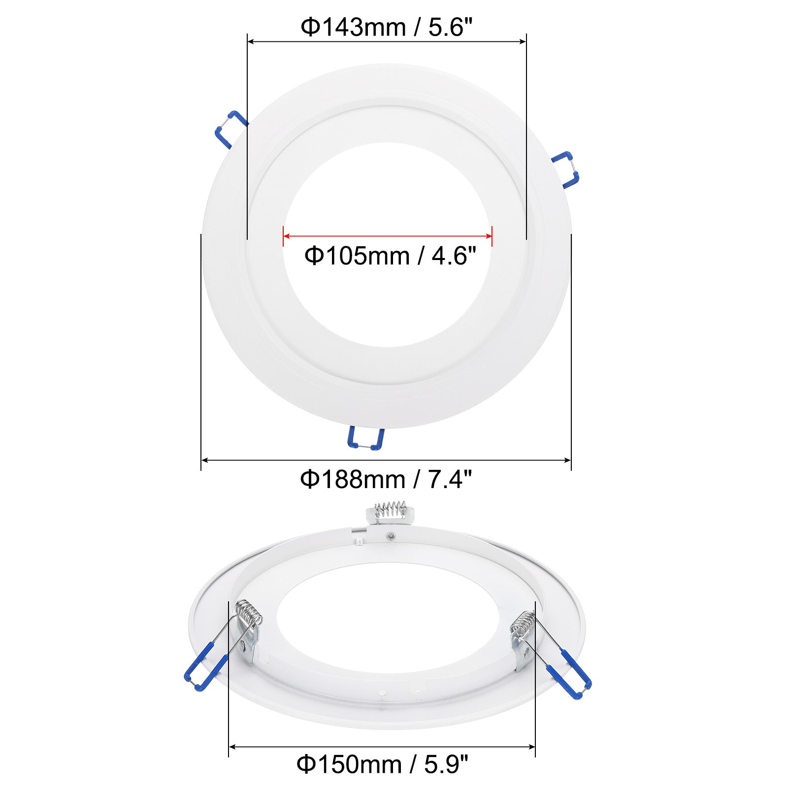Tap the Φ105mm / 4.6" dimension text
(x=390, y=256)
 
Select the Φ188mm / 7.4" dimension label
(x=386, y=479)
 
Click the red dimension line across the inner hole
(x=388, y=236)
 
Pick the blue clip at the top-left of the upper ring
(x=230, y=129)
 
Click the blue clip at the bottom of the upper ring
(x=365, y=438)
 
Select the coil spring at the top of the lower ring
(x=390, y=509)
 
